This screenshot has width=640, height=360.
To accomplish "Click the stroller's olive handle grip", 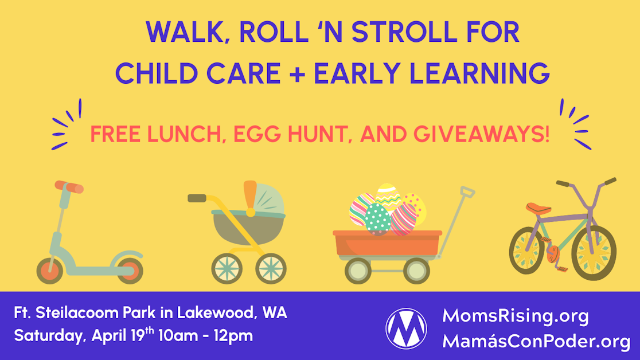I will click(197, 198).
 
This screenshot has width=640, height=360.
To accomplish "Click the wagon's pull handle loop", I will click(467, 191).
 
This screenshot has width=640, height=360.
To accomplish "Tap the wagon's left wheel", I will click(359, 271).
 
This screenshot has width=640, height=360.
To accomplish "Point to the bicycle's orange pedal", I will click(553, 252).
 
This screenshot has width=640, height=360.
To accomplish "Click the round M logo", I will click(406, 328).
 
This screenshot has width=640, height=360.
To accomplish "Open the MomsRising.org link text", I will click(516, 316).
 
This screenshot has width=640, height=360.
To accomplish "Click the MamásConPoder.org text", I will click(536, 341).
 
